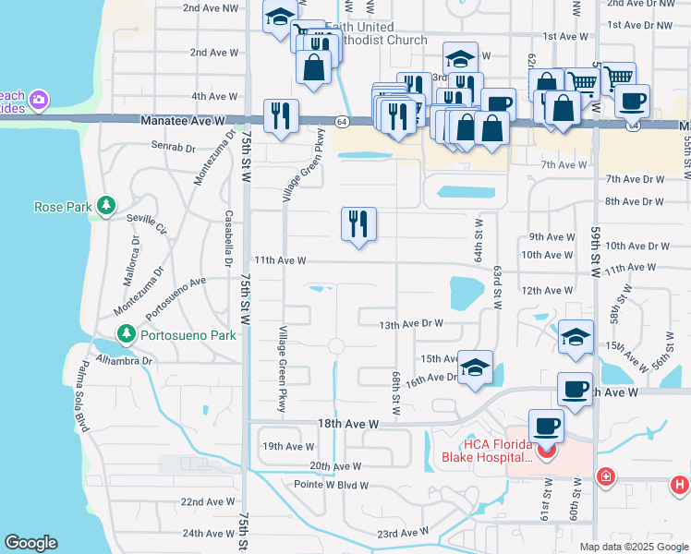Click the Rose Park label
[62, 207]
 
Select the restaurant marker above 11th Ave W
[358, 224]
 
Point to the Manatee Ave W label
[184, 121]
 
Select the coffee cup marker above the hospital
[545, 428]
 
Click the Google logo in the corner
[30, 543]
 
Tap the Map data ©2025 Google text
[633, 547]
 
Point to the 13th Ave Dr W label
[411, 324]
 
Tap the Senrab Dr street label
[173, 147]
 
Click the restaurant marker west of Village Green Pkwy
[280, 116]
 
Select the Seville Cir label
[148, 223]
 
